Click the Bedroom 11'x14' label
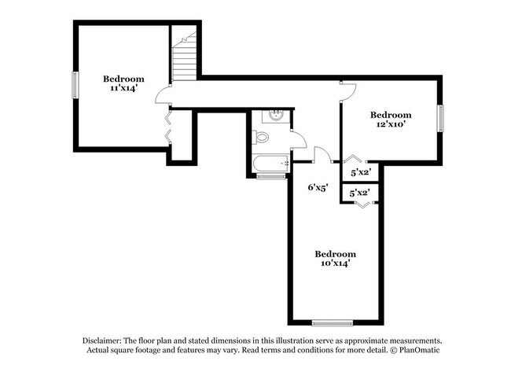(x=123, y=84)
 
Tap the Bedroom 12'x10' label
(x=391, y=120)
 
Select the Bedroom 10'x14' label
(x=336, y=259)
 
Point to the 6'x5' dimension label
(x=317, y=187)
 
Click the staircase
(x=184, y=59)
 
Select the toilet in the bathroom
(x=262, y=138)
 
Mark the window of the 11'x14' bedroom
(x=75, y=85)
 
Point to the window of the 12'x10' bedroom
(x=440, y=119)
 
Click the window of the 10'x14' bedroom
(x=331, y=322)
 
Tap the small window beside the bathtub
(x=271, y=177)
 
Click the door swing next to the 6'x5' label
(x=322, y=154)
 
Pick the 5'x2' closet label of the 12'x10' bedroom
(x=360, y=171)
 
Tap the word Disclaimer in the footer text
(x=105, y=339)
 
